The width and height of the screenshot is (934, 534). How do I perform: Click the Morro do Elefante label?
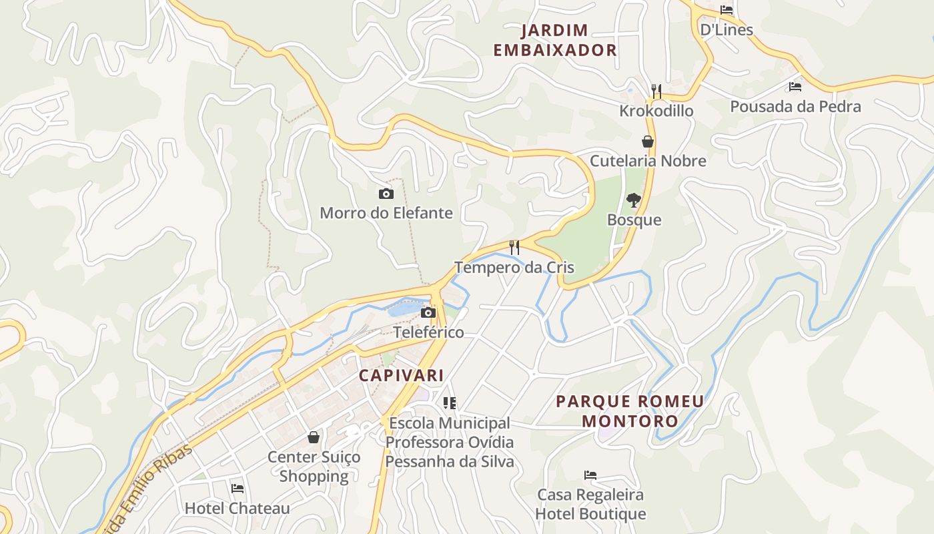(x=386, y=214)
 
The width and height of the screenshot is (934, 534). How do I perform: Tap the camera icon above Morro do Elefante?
(x=386, y=194)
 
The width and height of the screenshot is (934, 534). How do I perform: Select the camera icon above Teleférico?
(x=428, y=313)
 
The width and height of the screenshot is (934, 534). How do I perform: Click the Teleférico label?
(x=428, y=332)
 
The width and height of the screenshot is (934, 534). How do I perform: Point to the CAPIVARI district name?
(x=402, y=376)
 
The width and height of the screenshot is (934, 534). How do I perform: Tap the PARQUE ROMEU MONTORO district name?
(x=630, y=411)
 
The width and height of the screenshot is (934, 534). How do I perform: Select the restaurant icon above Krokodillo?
(x=656, y=91)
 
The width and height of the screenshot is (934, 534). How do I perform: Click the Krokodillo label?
(x=656, y=111)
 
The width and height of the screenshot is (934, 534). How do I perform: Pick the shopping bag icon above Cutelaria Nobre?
(x=647, y=142)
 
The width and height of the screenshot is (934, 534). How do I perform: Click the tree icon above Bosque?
(x=633, y=200)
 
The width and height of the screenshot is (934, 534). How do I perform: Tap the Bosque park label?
(x=634, y=220)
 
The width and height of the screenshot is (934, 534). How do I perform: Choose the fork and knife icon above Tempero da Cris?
(x=514, y=248)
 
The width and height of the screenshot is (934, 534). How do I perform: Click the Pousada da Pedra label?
(x=795, y=107)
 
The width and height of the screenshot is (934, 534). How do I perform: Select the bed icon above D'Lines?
(x=727, y=10)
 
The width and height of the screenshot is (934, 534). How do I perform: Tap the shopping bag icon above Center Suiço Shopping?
(x=314, y=437)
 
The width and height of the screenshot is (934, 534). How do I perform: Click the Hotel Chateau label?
(x=238, y=509)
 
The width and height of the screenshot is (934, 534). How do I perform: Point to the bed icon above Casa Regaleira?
(x=590, y=475)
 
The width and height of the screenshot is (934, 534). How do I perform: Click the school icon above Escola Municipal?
(x=450, y=403)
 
